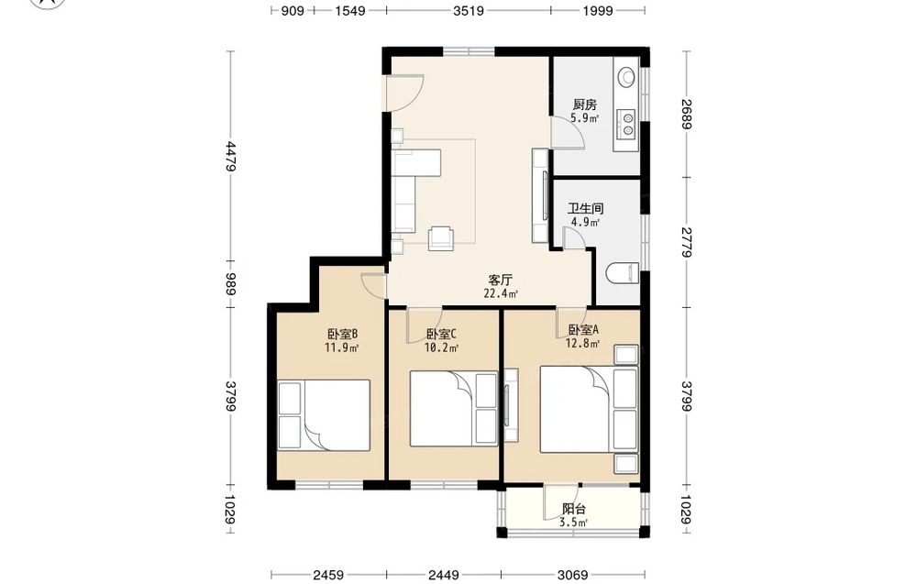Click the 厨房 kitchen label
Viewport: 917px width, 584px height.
pos(585,105)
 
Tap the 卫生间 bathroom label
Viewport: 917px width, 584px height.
pos(585,209)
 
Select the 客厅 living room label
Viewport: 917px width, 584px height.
pos(501,280)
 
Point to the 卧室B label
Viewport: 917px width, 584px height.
pos(342,335)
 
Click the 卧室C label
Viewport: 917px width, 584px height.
pos(441,335)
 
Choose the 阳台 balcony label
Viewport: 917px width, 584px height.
pos(574,509)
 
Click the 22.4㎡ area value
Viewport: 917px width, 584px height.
pos(501,293)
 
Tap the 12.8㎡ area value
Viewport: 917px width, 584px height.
pos(582,344)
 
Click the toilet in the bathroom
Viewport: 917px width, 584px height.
pos(624,273)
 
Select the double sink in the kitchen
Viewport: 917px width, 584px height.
pos(627,124)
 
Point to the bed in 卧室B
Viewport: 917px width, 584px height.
pos(324,415)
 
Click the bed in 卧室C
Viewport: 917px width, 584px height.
pos(453,409)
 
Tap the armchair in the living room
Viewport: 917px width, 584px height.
pos(441,238)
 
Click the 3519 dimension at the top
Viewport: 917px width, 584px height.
pos(469,10)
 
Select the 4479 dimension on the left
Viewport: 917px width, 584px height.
pos(231,157)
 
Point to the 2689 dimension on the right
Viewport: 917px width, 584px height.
pos(687,114)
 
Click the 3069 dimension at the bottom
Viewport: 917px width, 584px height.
pos(573,575)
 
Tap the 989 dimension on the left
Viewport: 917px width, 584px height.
pos(231,285)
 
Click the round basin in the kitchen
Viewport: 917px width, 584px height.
pos(627,76)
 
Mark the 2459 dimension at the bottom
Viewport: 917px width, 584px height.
pos(328,575)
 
